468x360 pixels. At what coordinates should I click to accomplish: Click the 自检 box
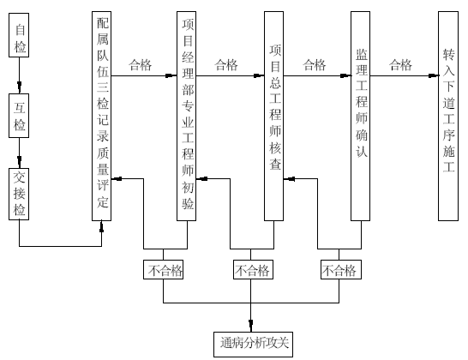pyautogui.click(x=19, y=35)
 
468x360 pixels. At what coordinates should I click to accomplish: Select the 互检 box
pyautogui.click(x=19, y=116)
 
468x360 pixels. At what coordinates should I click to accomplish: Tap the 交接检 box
pyautogui.click(x=19, y=194)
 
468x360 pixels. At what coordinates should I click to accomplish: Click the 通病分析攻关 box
pyautogui.click(x=253, y=345)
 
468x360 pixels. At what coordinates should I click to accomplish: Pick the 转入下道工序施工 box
pyautogui.click(x=448, y=116)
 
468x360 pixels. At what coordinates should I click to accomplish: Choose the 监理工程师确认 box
pyautogui.click(x=360, y=116)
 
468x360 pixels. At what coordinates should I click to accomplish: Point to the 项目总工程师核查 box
pyautogui.click(x=273, y=116)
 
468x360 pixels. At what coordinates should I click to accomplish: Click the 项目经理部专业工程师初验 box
pyautogui.click(x=186, y=116)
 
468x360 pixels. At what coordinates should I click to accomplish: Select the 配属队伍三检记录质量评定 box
pyautogui.click(x=101, y=116)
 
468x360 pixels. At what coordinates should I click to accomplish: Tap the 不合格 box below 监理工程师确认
pyautogui.click(x=341, y=269)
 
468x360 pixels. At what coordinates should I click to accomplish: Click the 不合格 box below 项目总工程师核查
pyautogui.click(x=253, y=269)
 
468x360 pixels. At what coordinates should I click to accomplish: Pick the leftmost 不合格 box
pyautogui.click(x=163, y=269)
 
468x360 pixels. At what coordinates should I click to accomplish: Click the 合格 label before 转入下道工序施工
pyautogui.click(x=400, y=65)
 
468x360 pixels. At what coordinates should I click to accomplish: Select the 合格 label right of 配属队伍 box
pyautogui.click(x=141, y=65)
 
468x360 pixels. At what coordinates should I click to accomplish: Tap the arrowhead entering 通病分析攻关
pyautogui.click(x=250, y=326)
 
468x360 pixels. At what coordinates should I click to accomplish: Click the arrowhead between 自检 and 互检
pyautogui.click(x=20, y=87)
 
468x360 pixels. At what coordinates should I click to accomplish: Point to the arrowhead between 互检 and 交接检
pyautogui.click(x=20, y=162)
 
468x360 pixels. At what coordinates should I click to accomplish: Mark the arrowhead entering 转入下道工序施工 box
pyautogui.click(x=433, y=75)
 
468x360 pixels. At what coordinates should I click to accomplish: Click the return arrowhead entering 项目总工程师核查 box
pyautogui.click(x=289, y=179)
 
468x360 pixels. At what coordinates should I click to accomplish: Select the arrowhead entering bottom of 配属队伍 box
pyautogui.click(x=101, y=227)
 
